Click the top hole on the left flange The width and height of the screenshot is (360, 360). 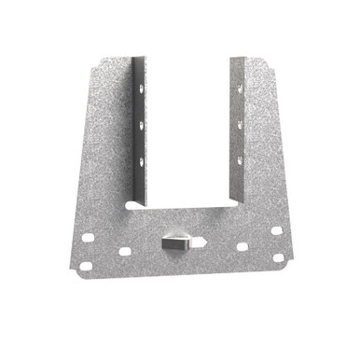click(141, 88)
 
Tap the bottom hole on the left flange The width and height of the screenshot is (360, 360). click(141, 161)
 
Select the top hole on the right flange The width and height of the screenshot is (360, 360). click(240, 90)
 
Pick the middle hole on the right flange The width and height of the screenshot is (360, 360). click(240, 125)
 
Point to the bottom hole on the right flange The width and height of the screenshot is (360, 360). click(240, 160)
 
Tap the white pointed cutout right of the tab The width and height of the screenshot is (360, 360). click(201, 242)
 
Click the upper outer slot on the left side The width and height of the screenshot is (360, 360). click(88, 237)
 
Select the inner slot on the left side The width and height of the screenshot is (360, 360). click(124, 251)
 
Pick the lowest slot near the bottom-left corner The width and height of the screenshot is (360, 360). click(85, 266)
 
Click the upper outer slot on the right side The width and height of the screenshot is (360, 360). click(277, 230)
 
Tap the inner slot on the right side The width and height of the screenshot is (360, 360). click(242, 247)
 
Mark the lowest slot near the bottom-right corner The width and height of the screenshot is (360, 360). click(278, 257)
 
